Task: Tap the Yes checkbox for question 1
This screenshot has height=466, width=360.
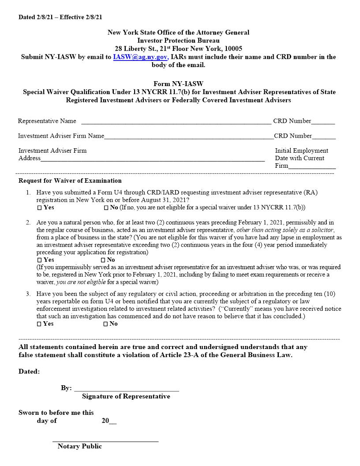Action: point(39,207)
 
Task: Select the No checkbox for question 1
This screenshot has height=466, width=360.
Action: point(106,207)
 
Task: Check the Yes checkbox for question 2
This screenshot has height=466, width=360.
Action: point(39,260)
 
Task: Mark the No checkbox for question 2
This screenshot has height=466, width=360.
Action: point(103,260)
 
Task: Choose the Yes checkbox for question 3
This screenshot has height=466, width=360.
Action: point(39,324)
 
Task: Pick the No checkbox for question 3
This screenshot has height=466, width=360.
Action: point(106,324)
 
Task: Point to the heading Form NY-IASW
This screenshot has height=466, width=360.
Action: point(178,84)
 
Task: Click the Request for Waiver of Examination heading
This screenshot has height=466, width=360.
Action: point(70,180)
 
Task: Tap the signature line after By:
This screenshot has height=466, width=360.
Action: point(127,389)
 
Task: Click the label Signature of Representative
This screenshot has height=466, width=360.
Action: point(126,396)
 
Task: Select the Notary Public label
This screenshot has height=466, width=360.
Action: point(79,446)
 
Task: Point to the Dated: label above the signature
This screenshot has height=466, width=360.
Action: point(29,372)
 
